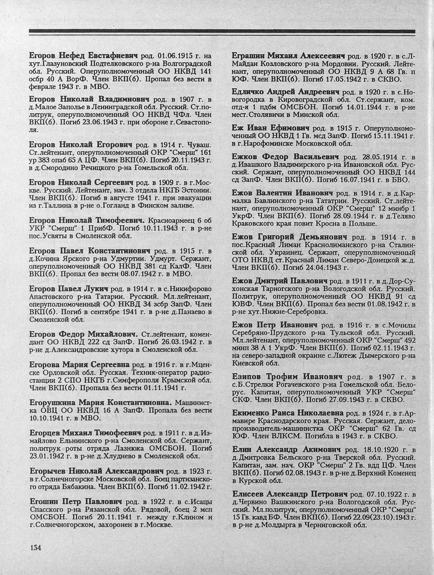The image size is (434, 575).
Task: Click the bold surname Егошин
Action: click(43, 501)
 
